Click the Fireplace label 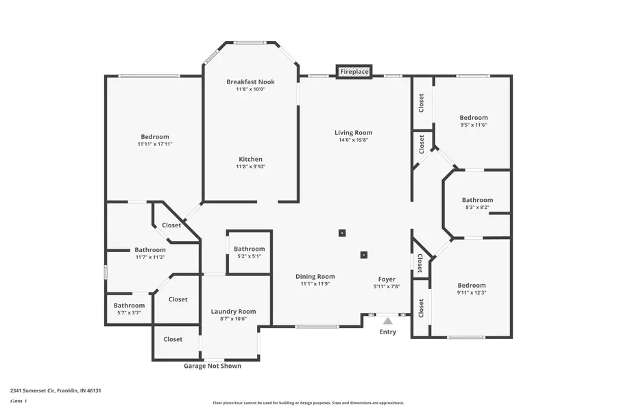(354, 71)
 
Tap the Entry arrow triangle (388, 320)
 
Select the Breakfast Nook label (250, 82)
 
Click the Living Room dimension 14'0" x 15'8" (353, 140)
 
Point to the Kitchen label (250, 159)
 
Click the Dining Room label (315, 276)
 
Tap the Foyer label (387, 279)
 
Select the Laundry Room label (233, 311)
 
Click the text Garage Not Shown (213, 366)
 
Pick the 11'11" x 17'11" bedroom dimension (154, 145)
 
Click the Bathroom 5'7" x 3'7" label (129, 306)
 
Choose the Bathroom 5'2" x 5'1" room (249, 252)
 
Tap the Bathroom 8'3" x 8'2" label (477, 200)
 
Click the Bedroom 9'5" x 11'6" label (474, 118)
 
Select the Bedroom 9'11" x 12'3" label (472, 285)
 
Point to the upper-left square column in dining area (342, 233)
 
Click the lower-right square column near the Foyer (363, 256)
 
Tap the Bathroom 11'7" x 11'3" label (149, 250)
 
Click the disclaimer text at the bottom (308, 403)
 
